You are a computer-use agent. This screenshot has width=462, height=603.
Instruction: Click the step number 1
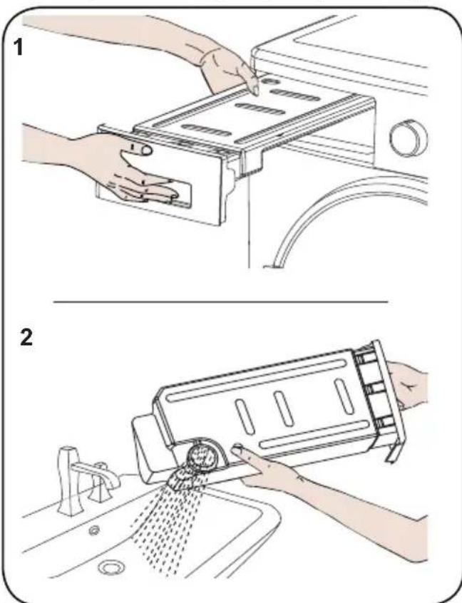click(18, 48)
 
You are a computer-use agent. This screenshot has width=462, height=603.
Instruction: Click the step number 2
click(26, 337)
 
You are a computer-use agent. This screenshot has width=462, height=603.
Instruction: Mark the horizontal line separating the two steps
click(220, 302)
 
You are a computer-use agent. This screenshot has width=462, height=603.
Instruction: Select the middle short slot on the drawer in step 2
click(284, 408)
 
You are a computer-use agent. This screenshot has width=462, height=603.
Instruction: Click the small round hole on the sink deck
click(93, 531)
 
